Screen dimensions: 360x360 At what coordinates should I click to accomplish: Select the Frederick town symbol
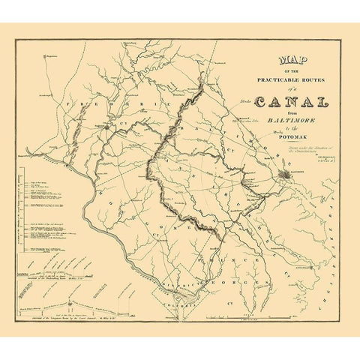click(x=107, y=127)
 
